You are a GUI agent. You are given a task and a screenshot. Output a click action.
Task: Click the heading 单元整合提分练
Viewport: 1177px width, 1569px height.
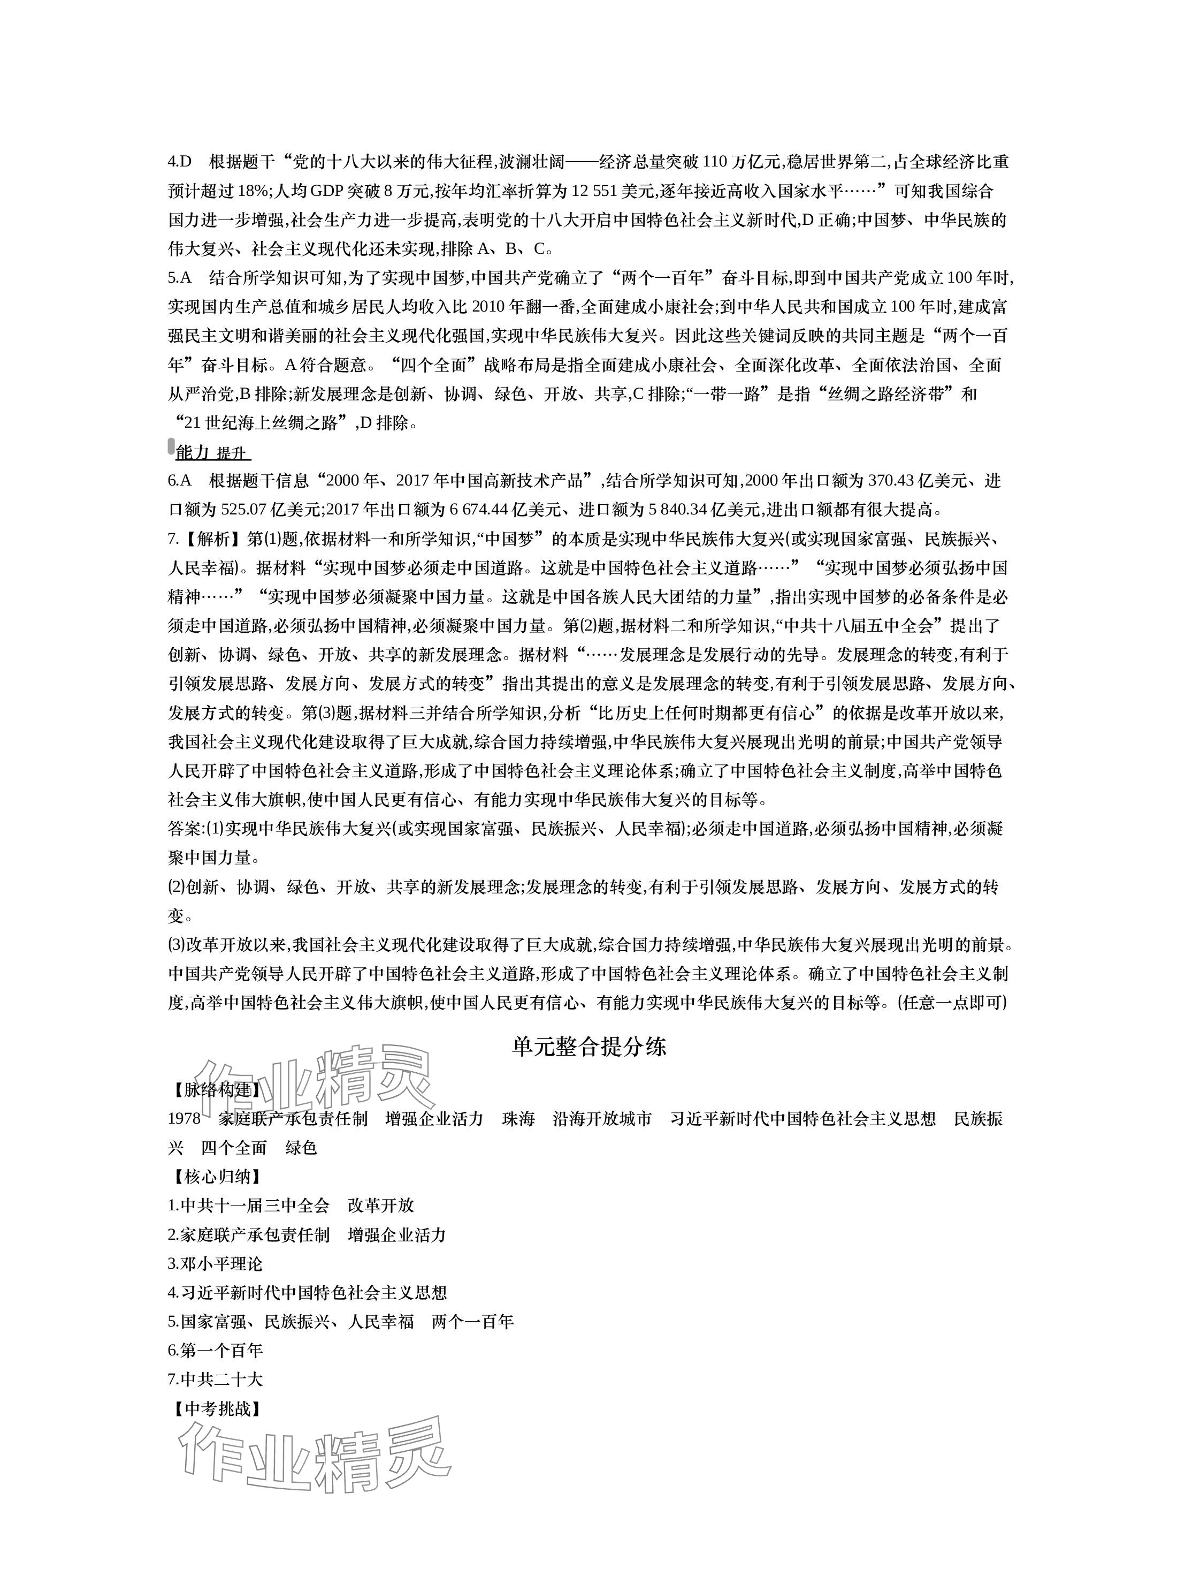[x=588, y=1047]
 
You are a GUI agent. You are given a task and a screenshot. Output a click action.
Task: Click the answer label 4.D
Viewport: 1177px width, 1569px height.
[x=180, y=162]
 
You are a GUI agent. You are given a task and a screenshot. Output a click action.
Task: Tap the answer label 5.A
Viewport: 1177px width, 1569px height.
[x=180, y=277]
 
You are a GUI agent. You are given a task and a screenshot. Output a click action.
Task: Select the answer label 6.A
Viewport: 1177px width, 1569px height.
[x=180, y=480]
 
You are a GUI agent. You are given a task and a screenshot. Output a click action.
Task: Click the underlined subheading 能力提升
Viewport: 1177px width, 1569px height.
[x=213, y=452]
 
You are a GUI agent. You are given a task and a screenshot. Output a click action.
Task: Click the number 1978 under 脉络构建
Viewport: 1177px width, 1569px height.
[x=185, y=1119]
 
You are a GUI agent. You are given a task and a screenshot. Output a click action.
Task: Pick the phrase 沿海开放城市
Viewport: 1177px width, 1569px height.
[x=602, y=1119]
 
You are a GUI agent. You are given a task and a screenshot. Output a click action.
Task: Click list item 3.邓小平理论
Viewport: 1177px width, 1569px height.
[x=215, y=1264]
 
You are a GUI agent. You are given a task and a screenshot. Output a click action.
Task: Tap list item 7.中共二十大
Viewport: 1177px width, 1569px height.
[x=215, y=1379]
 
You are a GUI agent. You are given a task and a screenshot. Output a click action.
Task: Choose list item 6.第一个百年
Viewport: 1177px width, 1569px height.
[x=215, y=1351]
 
